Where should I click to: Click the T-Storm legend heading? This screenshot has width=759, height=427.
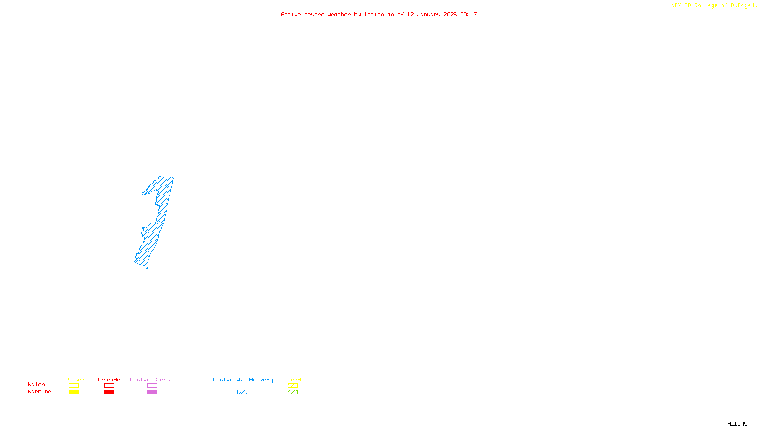pyautogui.click(x=73, y=380)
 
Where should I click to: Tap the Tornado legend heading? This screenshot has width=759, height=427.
pyautogui.click(x=109, y=380)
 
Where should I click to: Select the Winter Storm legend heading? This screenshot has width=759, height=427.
pyautogui.click(x=150, y=380)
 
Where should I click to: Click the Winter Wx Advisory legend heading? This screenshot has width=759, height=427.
pyautogui.click(x=243, y=380)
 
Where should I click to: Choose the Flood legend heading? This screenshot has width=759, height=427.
pyautogui.click(x=293, y=380)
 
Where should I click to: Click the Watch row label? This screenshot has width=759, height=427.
pyautogui.click(x=37, y=384)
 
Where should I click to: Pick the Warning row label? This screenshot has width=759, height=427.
pyautogui.click(x=40, y=392)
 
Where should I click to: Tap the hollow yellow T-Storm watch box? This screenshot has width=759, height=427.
pyautogui.click(x=74, y=386)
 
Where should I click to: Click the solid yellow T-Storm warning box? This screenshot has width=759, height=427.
pyautogui.click(x=74, y=392)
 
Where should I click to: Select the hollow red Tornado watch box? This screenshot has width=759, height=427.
pyautogui.click(x=109, y=386)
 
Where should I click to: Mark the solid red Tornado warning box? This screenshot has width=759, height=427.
pyautogui.click(x=109, y=392)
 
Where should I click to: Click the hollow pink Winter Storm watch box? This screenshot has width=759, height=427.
pyautogui.click(x=152, y=386)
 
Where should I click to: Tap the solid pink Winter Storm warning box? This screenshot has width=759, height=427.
pyautogui.click(x=152, y=392)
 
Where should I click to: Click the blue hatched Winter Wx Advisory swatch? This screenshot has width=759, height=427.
pyautogui.click(x=242, y=392)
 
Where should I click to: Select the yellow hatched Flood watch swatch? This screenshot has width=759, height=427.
pyautogui.click(x=293, y=386)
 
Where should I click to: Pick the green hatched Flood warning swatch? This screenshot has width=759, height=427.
pyautogui.click(x=293, y=392)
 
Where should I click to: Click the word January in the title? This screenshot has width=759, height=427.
pyautogui.click(x=429, y=14)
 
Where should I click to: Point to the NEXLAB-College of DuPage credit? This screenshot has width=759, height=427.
pyautogui.click(x=711, y=6)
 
